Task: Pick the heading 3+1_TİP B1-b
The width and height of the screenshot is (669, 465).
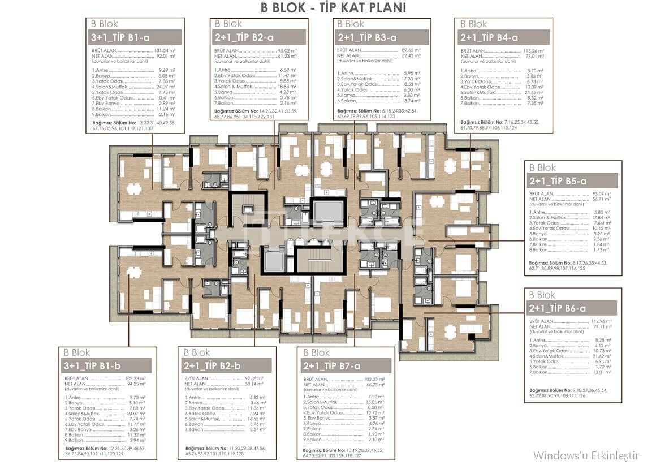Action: coord(93,365)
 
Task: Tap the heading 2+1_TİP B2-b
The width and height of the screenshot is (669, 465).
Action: coord(213,365)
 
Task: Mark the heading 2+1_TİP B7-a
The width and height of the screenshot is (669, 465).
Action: coord(332,365)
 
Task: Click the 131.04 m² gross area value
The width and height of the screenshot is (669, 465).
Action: coord(165,50)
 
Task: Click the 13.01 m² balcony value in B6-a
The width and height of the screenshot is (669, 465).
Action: coord(602,372)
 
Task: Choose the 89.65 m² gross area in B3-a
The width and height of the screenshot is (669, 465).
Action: coord(410,50)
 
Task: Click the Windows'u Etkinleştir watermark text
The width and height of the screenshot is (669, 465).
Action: coord(586,455)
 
